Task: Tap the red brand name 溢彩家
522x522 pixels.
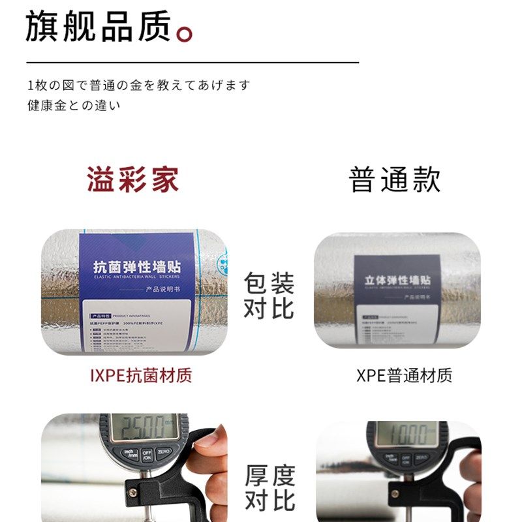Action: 133,179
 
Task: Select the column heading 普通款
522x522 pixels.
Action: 395,179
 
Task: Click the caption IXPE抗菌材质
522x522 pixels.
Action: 141,376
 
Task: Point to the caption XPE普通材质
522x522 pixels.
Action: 404,376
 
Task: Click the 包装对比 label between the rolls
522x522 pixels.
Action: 269,296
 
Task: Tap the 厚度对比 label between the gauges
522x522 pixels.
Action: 269,488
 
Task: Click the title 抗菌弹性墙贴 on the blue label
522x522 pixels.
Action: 137,268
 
